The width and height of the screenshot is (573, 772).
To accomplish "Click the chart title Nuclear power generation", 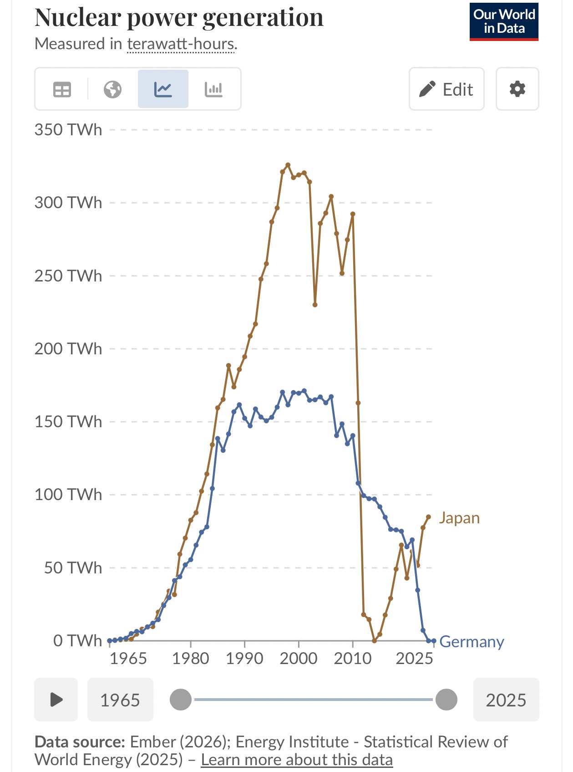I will click(179, 18).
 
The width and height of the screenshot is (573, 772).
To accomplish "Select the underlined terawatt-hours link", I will click(181, 44).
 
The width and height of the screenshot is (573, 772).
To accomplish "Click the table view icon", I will click(62, 89).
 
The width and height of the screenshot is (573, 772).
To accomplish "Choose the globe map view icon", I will click(112, 89).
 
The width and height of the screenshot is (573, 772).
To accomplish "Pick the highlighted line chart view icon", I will click(163, 89).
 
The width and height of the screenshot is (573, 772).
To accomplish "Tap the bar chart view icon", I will click(213, 89).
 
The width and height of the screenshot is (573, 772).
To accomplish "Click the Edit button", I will click(446, 89).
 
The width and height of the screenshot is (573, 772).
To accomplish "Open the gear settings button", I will click(517, 89).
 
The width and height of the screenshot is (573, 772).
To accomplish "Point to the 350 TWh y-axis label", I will click(68, 130).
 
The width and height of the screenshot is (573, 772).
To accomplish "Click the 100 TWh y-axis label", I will click(68, 495).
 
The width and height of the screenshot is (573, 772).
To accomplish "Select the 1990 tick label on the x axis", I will click(244, 659).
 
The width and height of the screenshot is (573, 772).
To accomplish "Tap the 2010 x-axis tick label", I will click(352, 659).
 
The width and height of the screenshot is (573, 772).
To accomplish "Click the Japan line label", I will click(459, 518).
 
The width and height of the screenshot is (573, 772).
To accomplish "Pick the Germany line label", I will click(472, 642).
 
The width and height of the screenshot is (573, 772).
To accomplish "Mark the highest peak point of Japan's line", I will click(288, 165).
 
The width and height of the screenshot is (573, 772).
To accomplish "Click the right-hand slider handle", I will click(446, 700).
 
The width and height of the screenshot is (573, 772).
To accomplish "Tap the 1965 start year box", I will click(120, 700).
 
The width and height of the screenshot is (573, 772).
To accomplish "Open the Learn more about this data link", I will click(297, 760).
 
